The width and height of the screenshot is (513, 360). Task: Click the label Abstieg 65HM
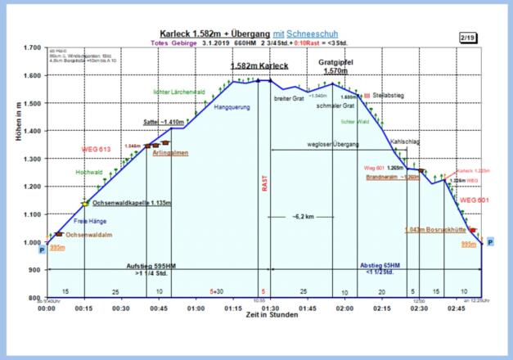(380, 266)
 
